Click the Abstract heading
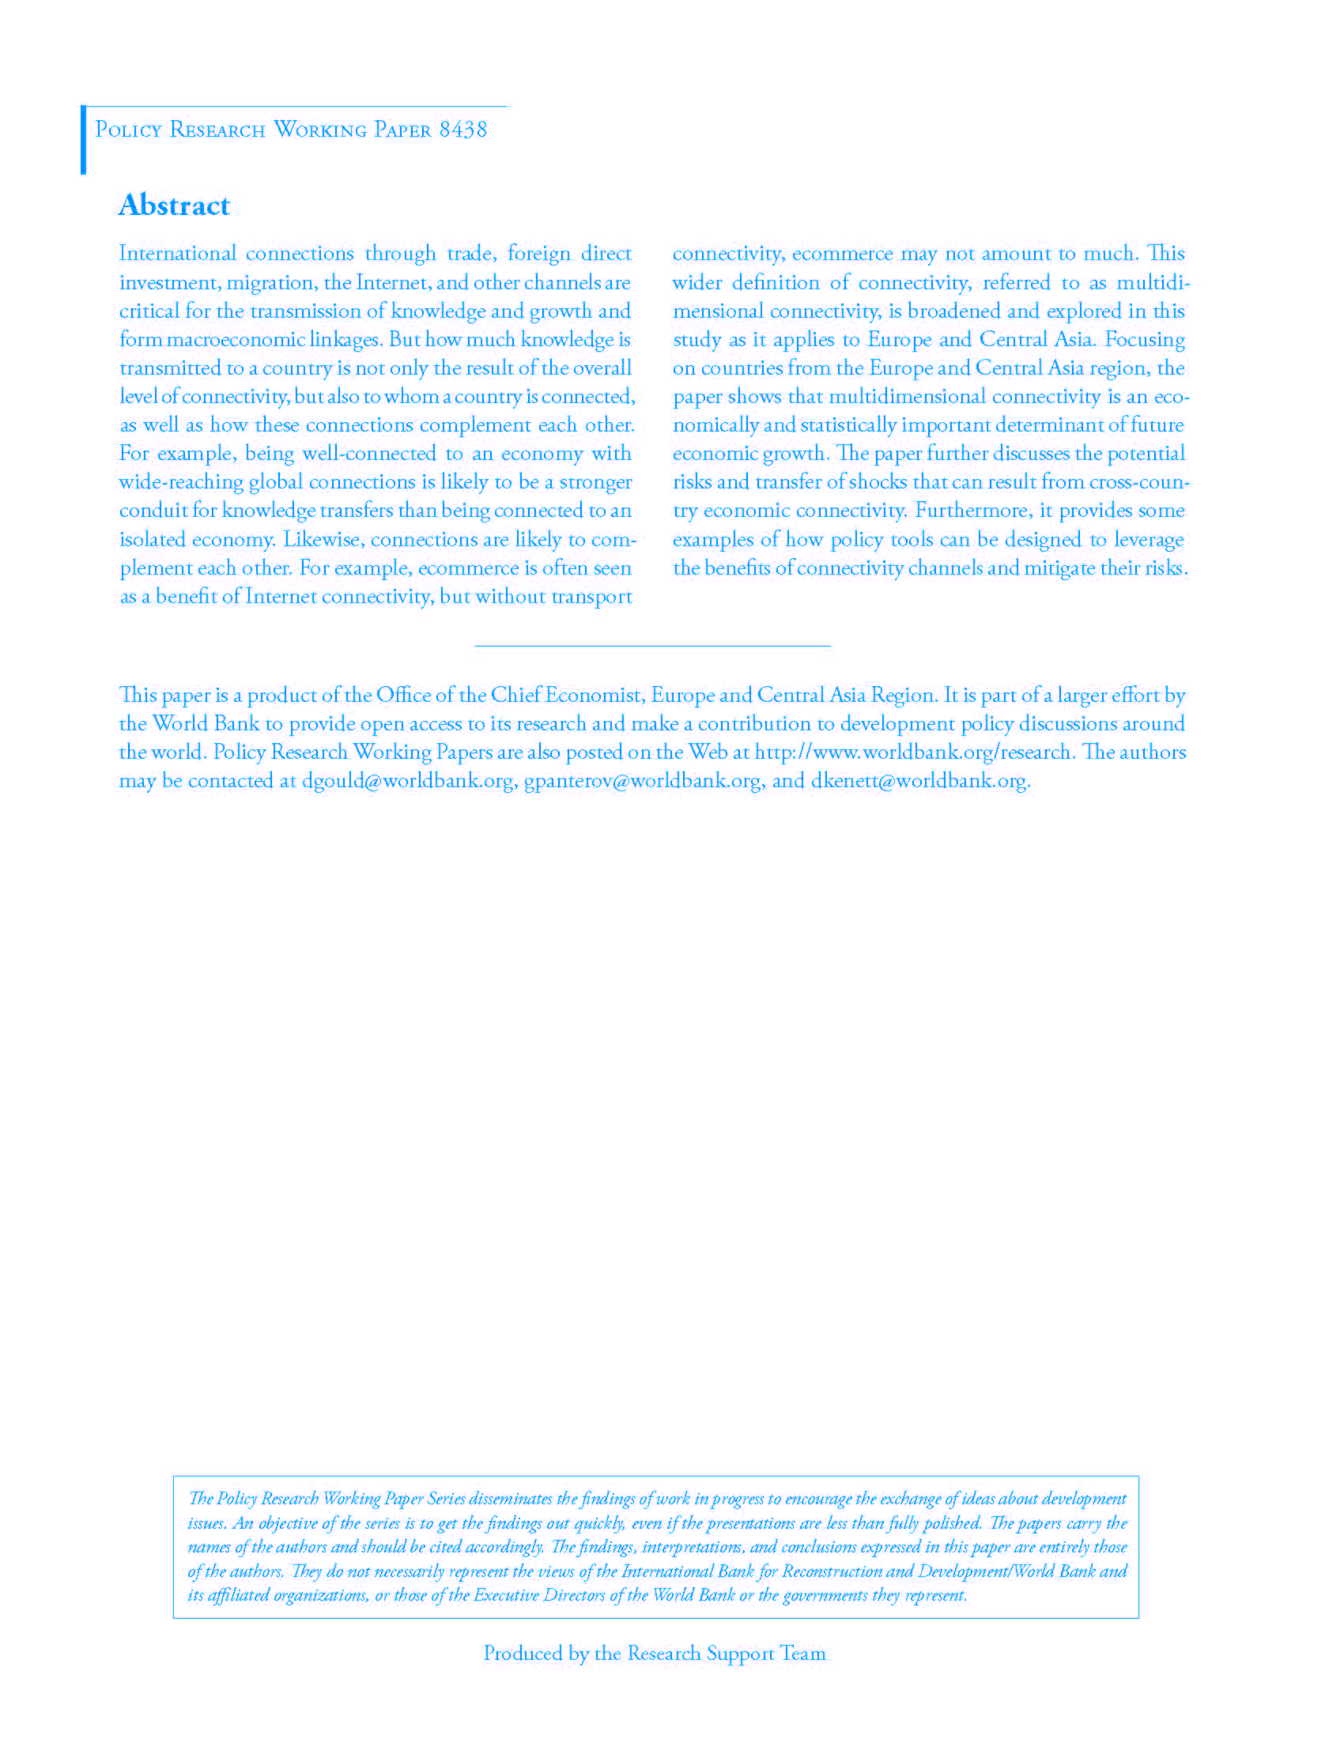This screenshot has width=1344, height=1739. click(x=174, y=206)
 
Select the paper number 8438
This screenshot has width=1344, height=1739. click(x=462, y=130)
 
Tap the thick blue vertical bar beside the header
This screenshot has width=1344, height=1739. click(x=83, y=139)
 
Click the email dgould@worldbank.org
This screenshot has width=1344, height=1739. click(x=408, y=780)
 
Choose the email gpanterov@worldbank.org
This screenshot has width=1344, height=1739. click(x=643, y=780)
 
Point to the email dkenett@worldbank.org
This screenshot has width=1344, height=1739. click(x=919, y=780)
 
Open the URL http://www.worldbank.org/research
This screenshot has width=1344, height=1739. click(x=912, y=752)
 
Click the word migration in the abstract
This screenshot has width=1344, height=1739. click(x=270, y=283)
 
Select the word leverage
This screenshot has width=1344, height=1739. click(x=1148, y=540)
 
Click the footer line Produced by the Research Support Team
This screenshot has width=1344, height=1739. click(x=655, y=1654)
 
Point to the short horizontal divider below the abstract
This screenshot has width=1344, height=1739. click(x=652, y=645)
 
